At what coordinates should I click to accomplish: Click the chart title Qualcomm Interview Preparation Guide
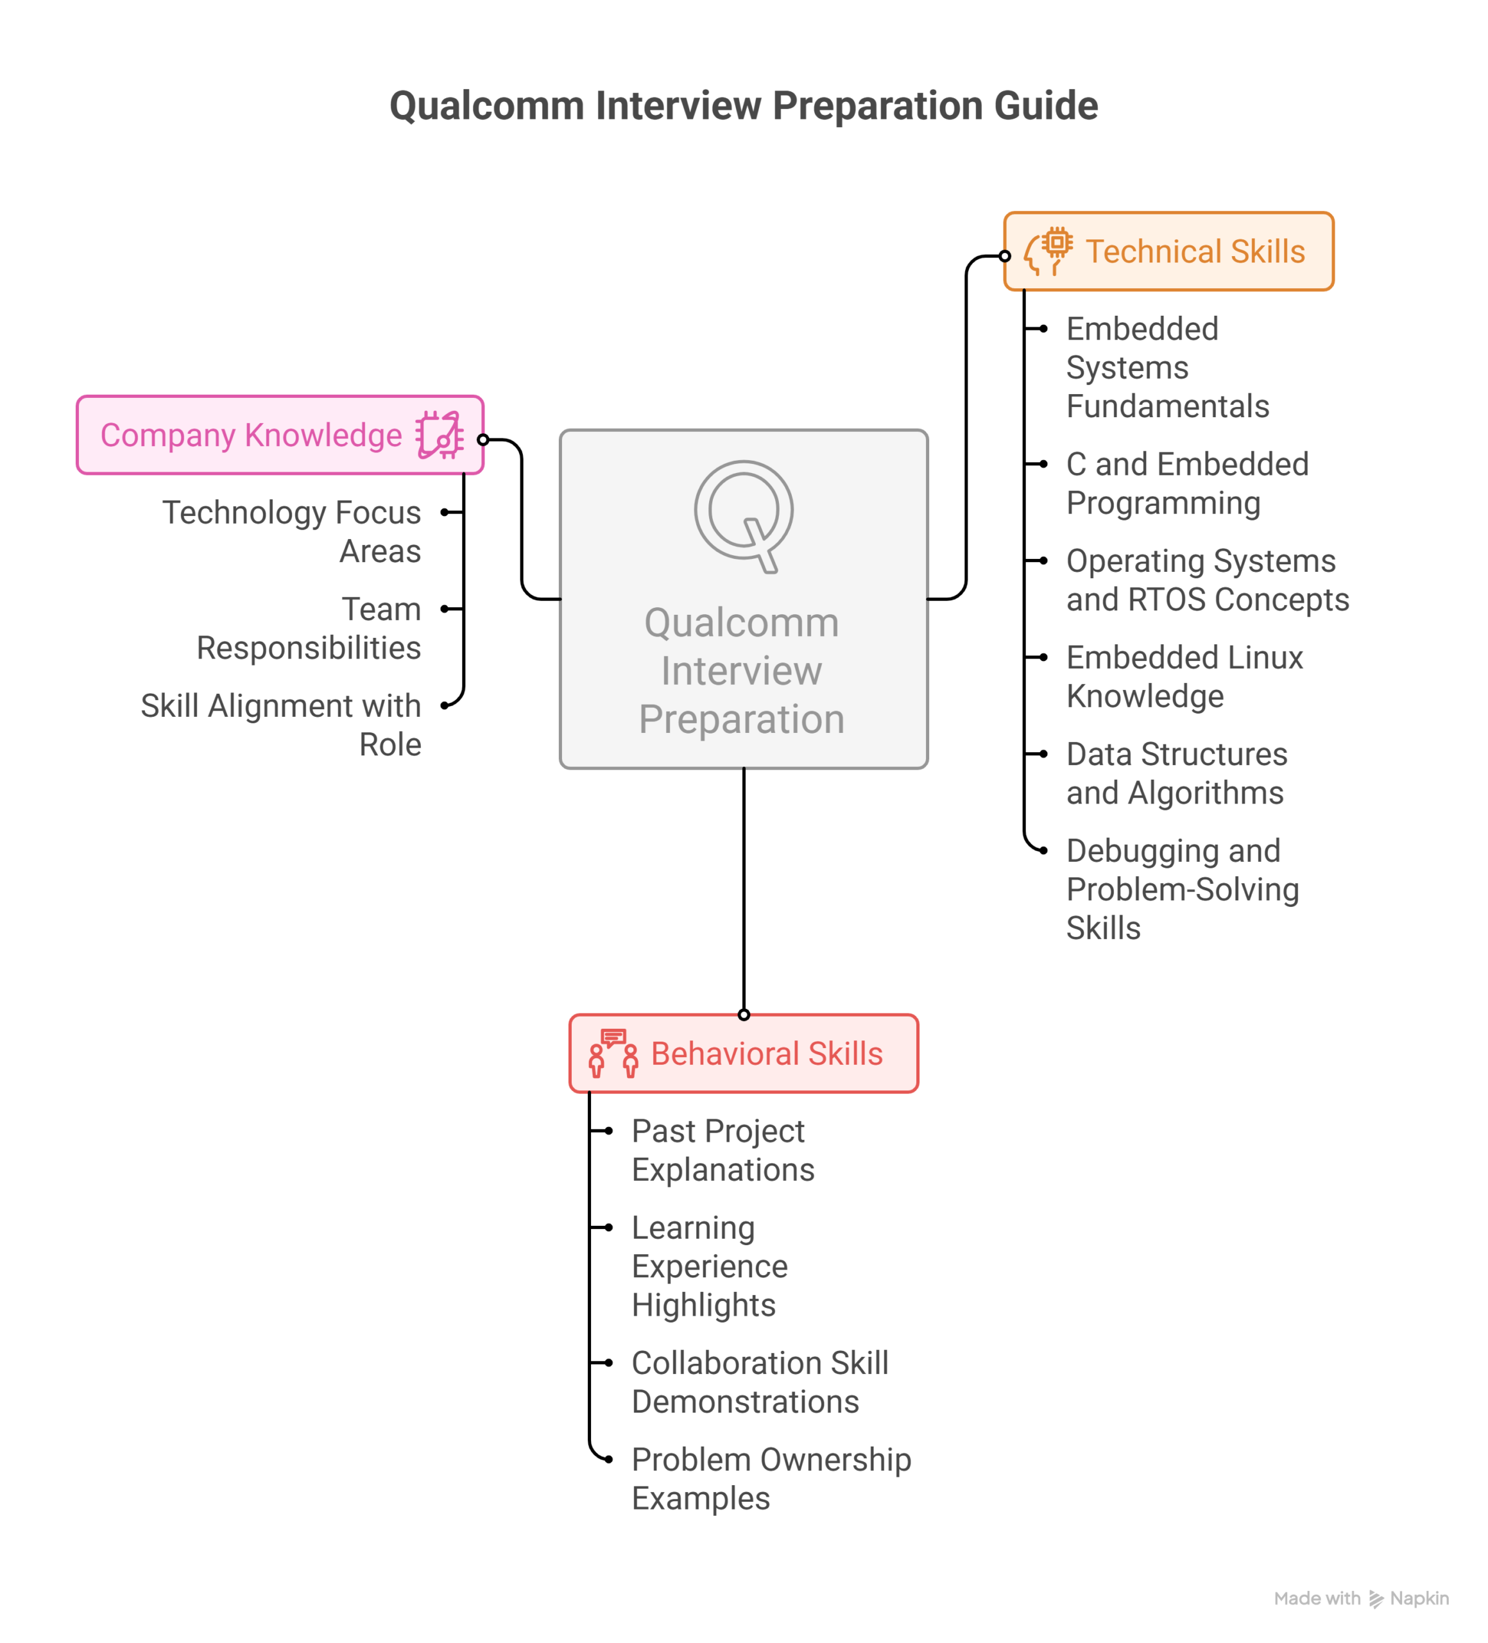(743, 106)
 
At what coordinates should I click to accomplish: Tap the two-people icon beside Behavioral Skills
(613, 1053)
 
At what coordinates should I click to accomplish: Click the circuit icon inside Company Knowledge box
(440, 435)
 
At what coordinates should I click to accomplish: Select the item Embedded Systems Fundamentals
(1167, 368)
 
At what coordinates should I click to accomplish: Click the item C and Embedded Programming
(1186, 483)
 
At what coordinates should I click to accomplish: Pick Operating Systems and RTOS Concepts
(1206, 580)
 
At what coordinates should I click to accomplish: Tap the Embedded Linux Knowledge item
(1183, 676)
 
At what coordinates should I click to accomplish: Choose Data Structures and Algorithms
(1176, 773)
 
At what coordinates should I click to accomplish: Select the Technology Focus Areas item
(292, 531)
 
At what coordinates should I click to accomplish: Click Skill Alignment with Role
(281, 725)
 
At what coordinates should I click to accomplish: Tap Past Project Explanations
(722, 1150)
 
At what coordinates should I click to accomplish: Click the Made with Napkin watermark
(1360, 1598)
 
